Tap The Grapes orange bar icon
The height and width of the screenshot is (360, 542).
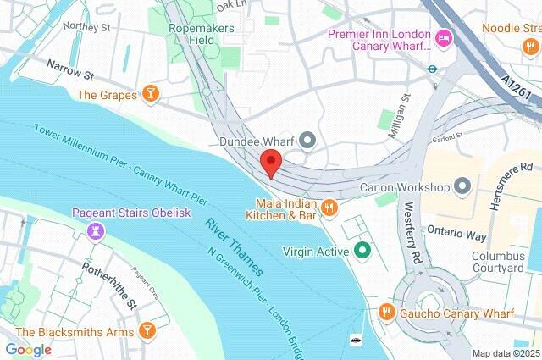pos(150,94)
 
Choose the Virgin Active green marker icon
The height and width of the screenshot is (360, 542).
pos(362,251)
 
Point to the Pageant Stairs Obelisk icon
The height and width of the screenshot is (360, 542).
pos(98,230)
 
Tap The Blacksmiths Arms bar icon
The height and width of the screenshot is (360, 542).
pos(147,330)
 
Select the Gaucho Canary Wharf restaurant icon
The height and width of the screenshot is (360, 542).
pos(386,313)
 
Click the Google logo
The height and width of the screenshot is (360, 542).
pos(28,349)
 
